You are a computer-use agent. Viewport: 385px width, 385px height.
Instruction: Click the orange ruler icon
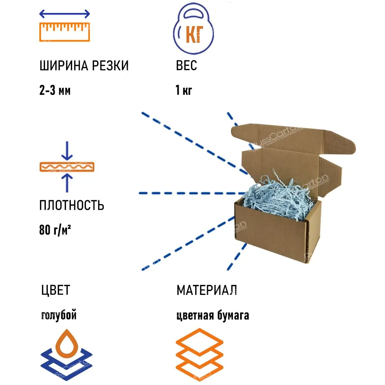tap(65, 32)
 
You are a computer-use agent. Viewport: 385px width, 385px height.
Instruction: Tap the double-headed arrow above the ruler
tap(65, 14)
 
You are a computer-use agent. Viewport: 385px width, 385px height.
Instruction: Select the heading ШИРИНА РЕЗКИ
tap(84, 66)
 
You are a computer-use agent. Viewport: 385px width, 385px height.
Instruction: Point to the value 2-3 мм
tap(55, 91)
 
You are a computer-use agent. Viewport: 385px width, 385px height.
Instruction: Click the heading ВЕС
tap(186, 66)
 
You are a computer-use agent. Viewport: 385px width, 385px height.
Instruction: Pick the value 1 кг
tap(183, 91)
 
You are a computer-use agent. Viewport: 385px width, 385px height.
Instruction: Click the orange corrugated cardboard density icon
tap(67, 167)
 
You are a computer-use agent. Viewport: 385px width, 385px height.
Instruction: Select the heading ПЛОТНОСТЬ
tap(72, 205)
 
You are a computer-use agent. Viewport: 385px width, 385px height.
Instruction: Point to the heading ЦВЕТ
tap(55, 290)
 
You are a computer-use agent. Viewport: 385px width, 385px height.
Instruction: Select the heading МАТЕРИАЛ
tap(206, 290)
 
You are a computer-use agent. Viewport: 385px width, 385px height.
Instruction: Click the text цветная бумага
tap(213, 315)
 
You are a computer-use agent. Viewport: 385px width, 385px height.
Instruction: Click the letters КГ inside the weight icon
tap(194, 35)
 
